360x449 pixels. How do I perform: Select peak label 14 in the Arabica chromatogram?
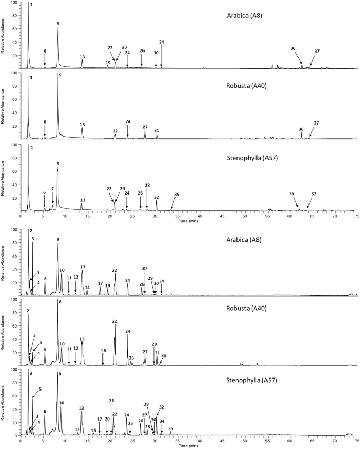click(87, 288)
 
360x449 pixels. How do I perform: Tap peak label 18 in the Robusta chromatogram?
click(103, 351)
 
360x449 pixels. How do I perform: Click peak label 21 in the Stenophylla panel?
click(111, 401)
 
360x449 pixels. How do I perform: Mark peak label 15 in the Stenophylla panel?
click(94, 431)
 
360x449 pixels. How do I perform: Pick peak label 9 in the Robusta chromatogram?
click(60, 75)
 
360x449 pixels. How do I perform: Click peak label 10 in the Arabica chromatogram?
click(62, 270)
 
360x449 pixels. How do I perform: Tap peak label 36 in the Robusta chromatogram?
click(301, 129)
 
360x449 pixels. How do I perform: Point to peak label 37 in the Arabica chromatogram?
click(317, 52)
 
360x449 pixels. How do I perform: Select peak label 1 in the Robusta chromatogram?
click(31, 77)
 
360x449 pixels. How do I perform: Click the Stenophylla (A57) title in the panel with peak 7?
click(244, 157)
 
